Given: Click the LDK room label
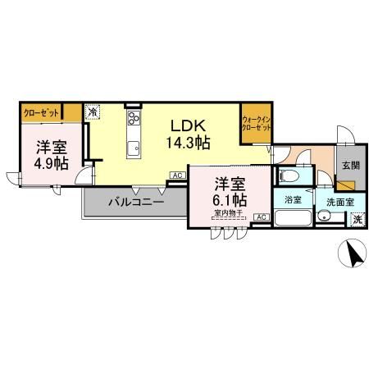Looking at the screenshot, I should pyautogui.click(x=188, y=125).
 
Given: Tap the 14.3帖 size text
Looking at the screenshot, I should pyautogui.click(x=188, y=142).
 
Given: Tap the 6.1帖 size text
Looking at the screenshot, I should pyautogui.click(x=229, y=198).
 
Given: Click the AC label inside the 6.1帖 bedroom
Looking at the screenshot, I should pyautogui.click(x=261, y=216).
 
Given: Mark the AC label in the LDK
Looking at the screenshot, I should pyautogui.click(x=176, y=175).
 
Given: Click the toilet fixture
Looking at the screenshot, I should pyautogui.click(x=290, y=175).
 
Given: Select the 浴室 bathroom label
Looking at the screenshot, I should pyautogui.click(x=292, y=200).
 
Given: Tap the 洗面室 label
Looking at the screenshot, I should pyautogui.click(x=338, y=200).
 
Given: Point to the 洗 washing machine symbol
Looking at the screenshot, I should pyautogui.click(x=357, y=219).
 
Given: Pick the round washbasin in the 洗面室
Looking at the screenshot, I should pyautogui.click(x=326, y=216).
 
